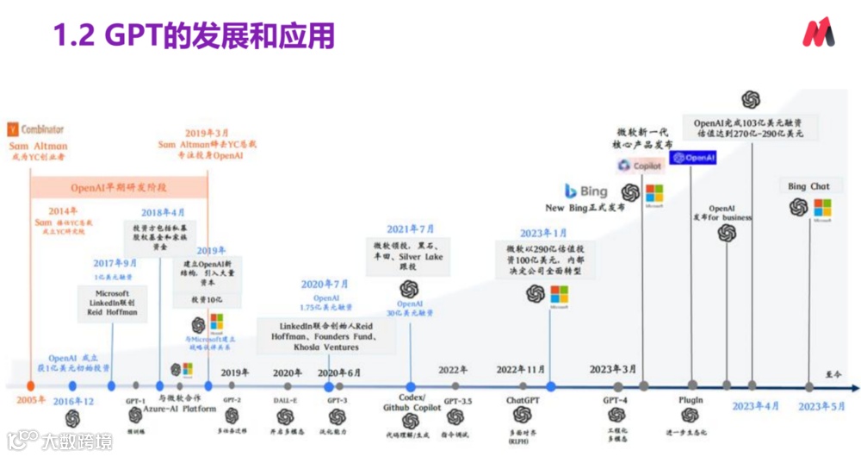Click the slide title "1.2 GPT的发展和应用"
[x=194, y=35]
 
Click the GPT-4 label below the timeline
[x=616, y=400]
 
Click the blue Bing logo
[x=585, y=191]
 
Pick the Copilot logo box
[x=640, y=165]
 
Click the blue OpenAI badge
[x=693, y=158]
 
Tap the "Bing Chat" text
[x=808, y=186]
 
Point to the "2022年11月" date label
[x=522, y=370]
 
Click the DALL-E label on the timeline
[x=285, y=401]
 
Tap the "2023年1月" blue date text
[x=543, y=234]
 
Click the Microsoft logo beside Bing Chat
[x=822, y=208]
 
